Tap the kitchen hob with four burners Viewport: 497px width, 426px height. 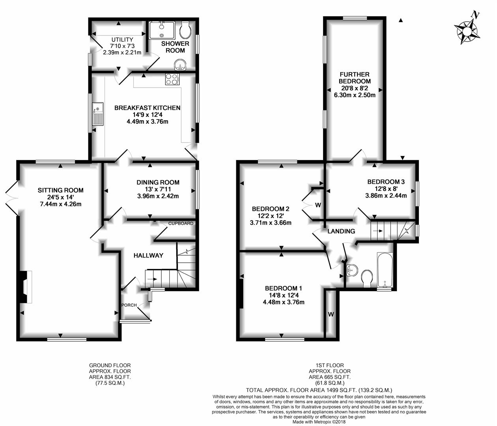[x=172, y=79]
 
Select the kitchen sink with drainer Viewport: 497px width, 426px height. [x=97, y=114]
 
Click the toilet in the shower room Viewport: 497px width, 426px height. [x=185, y=30]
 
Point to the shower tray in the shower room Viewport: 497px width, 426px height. [x=162, y=30]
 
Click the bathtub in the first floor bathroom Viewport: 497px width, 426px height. [x=385, y=270]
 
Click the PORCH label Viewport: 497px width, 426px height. [x=129, y=305]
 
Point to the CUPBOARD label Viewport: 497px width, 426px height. [x=181, y=223]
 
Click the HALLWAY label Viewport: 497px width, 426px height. [x=148, y=255]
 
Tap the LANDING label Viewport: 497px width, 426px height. [x=341, y=231]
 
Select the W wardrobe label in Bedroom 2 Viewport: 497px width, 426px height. [x=318, y=205]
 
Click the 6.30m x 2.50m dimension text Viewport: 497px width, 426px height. [x=355, y=95]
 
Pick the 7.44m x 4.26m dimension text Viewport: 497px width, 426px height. [x=61, y=204]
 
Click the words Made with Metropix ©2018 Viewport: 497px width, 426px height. [x=319, y=422]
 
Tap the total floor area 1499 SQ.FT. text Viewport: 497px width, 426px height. [x=319, y=390]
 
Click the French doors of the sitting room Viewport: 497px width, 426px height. [x=11, y=198]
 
